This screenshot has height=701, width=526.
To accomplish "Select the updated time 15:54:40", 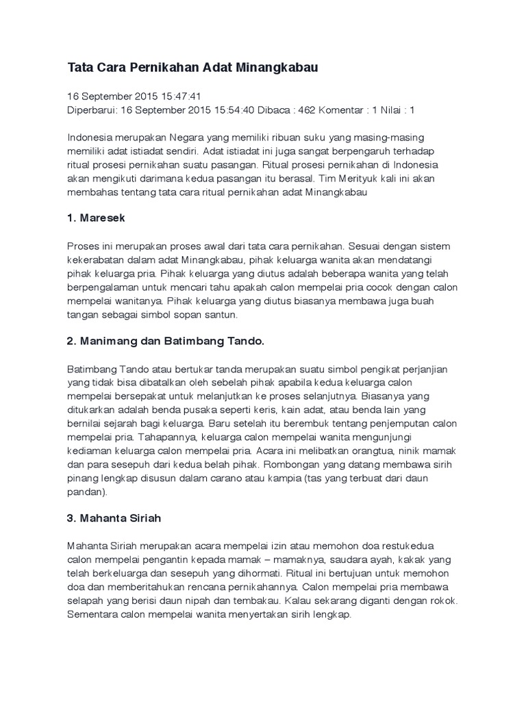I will coord(231,110).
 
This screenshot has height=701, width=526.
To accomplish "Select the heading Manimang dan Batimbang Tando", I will coord(172,340).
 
